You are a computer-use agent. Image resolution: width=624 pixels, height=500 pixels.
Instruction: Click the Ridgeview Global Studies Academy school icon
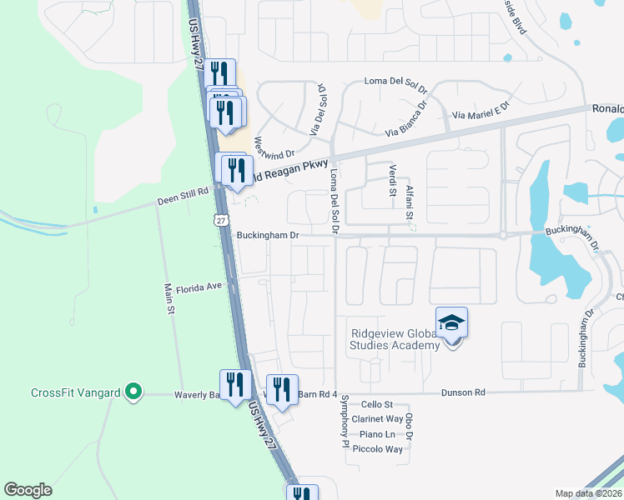tap(451, 323)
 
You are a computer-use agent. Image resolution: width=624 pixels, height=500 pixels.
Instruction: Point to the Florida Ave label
tap(199, 286)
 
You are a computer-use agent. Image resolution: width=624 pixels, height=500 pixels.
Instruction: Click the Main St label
tap(169, 298)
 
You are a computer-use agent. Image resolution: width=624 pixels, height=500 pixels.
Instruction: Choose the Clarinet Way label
tap(377, 419)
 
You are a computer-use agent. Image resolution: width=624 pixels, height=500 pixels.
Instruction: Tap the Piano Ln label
tap(377, 434)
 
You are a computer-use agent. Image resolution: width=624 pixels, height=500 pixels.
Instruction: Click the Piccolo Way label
tap(377, 449)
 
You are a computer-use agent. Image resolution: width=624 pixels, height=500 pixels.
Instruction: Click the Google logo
tap(28, 489)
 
